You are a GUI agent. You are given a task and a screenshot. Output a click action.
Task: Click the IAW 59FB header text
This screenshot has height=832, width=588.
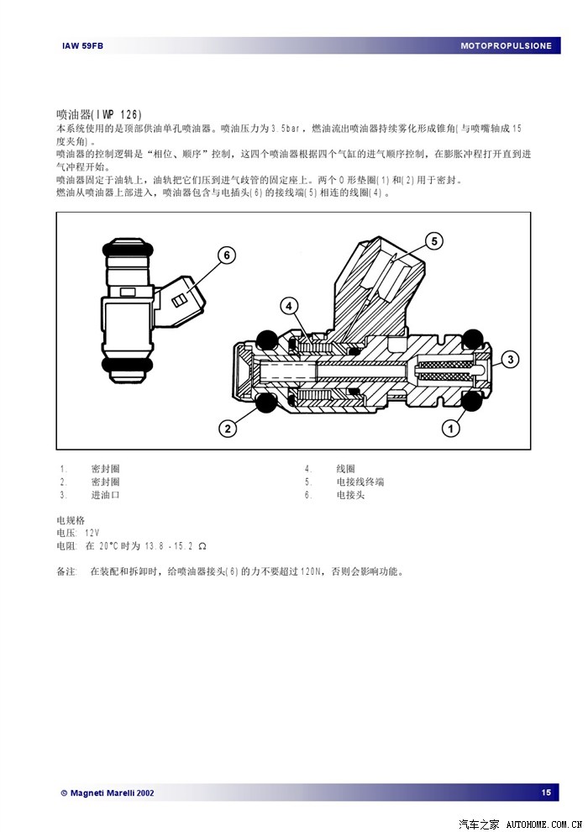(82, 46)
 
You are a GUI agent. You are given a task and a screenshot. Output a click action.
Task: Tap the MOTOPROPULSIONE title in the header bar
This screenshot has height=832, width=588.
(507, 46)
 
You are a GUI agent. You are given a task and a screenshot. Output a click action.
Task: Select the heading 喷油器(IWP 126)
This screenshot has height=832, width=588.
(99, 114)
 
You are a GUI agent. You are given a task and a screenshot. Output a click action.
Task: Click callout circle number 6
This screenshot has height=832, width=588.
(227, 255)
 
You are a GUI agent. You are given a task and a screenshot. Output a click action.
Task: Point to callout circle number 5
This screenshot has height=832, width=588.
(434, 241)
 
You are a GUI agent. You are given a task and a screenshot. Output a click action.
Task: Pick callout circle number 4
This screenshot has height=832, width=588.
(289, 306)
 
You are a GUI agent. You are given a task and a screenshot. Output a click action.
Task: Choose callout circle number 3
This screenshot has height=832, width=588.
(510, 360)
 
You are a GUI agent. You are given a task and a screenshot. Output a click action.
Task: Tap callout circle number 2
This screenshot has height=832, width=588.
(228, 428)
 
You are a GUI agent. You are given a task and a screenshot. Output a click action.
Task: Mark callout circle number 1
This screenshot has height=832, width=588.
(451, 428)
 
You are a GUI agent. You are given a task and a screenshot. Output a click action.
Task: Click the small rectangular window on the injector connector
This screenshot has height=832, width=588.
(179, 301)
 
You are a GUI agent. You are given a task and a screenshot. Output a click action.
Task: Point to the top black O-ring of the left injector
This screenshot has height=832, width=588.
(128, 248)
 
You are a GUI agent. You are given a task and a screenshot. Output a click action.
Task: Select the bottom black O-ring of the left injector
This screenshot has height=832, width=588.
(127, 364)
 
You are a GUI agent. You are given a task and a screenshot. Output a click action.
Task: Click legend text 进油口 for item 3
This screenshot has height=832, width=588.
(106, 495)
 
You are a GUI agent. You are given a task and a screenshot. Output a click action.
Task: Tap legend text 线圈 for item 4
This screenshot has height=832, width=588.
(346, 469)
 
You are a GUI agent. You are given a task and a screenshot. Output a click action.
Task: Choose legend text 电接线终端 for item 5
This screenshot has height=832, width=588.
(360, 482)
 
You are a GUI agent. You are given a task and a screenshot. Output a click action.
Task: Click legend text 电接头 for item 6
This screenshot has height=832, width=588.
(350, 495)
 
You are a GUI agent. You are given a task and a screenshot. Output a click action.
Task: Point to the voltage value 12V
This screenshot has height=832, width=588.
(92, 533)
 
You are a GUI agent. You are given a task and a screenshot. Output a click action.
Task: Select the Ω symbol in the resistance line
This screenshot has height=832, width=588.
(202, 546)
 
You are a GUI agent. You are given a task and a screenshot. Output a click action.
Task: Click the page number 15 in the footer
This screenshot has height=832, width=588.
(546, 793)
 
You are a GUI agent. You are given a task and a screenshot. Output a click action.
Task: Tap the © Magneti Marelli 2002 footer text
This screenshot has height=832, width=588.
(108, 793)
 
